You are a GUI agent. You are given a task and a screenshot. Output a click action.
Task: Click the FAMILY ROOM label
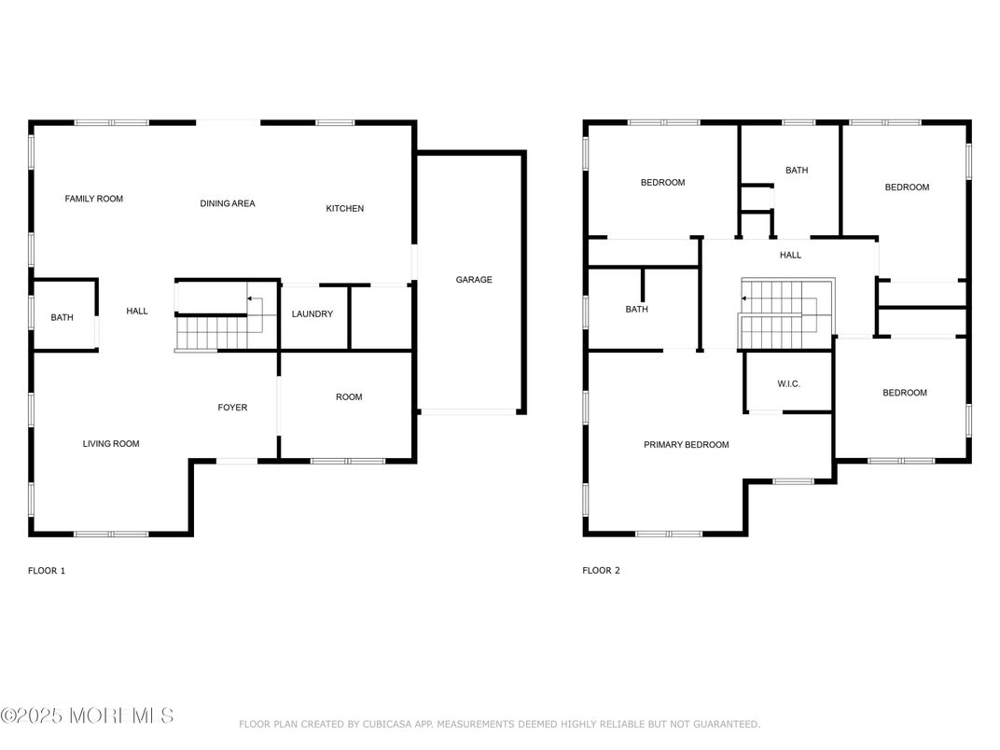pyautogui.click(x=93, y=199)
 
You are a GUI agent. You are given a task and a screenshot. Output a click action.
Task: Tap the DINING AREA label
pyautogui.click(x=228, y=203)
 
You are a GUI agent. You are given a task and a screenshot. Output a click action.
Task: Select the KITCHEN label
pyautogui.click(x=345, y=209)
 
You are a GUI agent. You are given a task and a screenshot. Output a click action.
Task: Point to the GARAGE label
pyautogui.click(x=474, y=279)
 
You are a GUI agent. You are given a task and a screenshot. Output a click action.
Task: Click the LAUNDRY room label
pyautogui.click(x=312, y=313)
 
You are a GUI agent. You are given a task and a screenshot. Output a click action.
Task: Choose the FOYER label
pyautogui.click(x=232, y=408)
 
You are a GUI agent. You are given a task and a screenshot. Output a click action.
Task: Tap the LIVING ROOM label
pyautogui.click(x=111, y=444)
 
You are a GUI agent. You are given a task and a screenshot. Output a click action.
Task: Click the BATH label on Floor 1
pyautogui.click(x=62, y=317)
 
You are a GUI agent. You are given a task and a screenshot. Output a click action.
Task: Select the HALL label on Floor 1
pyautogui.click(x=137, y=312)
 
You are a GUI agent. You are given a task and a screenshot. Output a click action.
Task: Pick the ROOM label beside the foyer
pyautogui.click(x=349, y=397)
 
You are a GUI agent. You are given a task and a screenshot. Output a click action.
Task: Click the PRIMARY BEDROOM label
pyautogui.click(x=687, y=445)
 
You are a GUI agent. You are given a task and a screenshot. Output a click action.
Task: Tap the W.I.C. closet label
pyautogui.click(x=789, y=384)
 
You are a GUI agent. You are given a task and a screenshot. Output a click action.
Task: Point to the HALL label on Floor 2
pyautogui.click(x=790, y=255)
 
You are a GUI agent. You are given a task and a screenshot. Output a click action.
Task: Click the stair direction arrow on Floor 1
pyautogui.click(x=255, y=299)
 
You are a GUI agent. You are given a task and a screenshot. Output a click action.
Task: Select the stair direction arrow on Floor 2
pyautogui.click(x=748, y=298)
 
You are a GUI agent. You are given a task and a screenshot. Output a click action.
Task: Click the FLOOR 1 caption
pyautogui.click(x=47, y=571)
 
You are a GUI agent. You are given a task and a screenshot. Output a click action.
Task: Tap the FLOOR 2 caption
pyautogui.click(x=601, y=571)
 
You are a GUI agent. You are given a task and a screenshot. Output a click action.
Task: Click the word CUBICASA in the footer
pyautogui.click(x=387, y=725)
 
